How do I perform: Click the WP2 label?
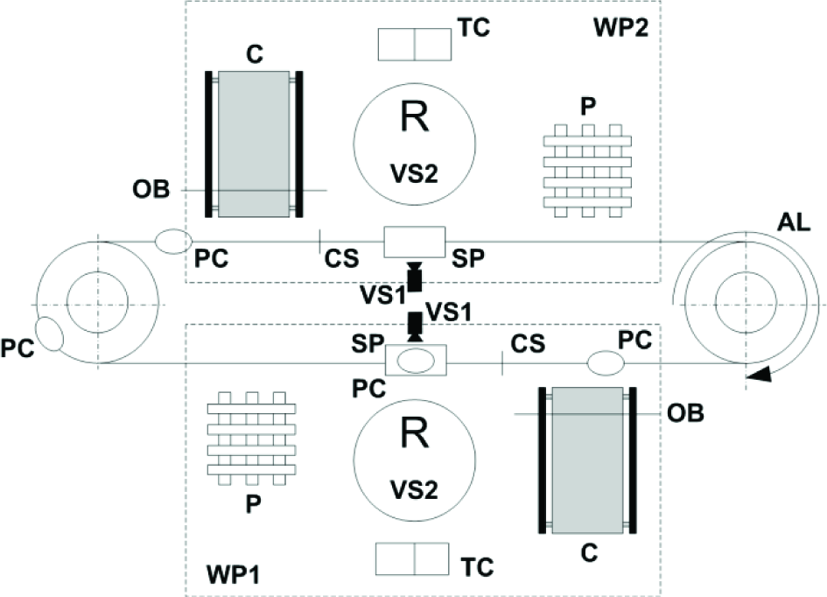point(620,28)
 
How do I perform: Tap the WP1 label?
point(234,575)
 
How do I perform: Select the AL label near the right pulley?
point(794,222)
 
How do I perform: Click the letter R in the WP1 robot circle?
point(415,432)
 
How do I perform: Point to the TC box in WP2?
point(415,45)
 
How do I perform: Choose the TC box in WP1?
point(412,558)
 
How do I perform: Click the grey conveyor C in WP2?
point(254,144)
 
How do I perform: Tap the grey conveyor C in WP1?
point(587,460)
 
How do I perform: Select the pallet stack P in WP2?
point(587,171)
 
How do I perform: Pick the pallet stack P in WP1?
point(251,439)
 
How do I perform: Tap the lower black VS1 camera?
point(416,327)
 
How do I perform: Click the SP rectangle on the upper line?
point(415,242)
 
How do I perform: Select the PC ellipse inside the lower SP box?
point(416,362)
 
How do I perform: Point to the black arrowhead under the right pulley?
point(760,375)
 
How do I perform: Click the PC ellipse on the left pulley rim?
point(49,334)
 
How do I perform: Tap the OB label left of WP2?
point(151,189)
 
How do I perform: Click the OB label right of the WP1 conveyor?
point(685,413)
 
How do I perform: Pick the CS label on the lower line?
point(528,344)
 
